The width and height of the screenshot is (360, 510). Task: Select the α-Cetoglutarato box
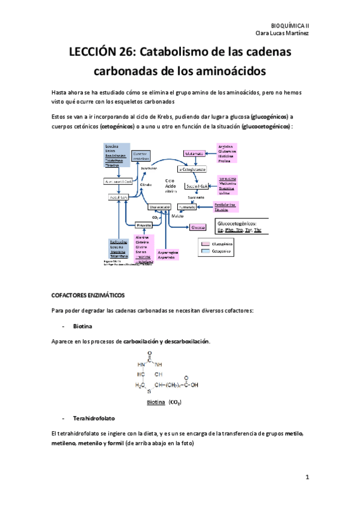191,170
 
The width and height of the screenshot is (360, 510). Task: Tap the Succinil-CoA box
192,186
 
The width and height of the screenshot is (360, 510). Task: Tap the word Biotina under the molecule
156,402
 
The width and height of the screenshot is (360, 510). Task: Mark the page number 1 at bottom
307,478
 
